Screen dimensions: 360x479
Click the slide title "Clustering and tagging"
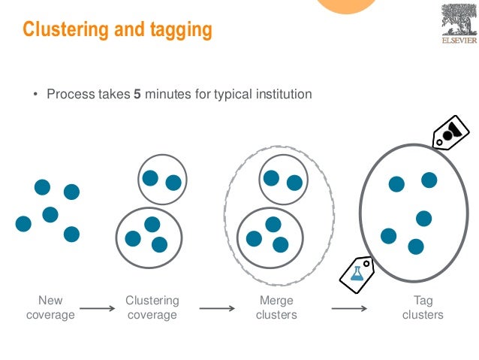click(x=117, y=30)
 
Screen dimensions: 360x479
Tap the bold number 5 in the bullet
click(x=137, y=95)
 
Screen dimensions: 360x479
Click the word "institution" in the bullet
click(x=282, y=95)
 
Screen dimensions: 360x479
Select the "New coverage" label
click(x=50, y=307)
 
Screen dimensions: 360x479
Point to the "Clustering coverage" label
click(x=152, y=307)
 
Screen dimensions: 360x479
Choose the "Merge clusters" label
click(x=276, y=307)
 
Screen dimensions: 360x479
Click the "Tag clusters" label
click(x=423, y=307)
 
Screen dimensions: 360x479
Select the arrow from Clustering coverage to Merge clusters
click(x=218, y=308)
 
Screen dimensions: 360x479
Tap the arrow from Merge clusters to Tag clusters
click(x=348, y=308)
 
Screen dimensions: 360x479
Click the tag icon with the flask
click(x=357, y=274)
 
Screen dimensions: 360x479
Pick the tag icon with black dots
click(x=450, y=133)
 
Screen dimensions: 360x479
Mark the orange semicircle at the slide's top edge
click(x=347, y=6)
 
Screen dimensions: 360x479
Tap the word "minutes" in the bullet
click(x=169, y=95)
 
